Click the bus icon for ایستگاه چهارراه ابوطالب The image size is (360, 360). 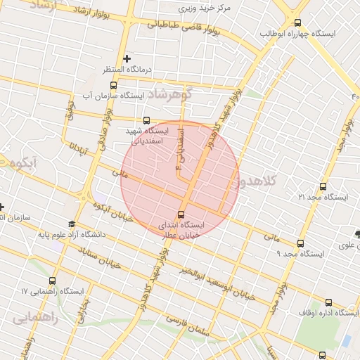pyautogui.click(x=298, y=22)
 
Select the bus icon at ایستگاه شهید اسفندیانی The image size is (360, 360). pyautogui.click(x=146, y=120)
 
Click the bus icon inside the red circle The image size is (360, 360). pyautogui.click(x=181, y=214)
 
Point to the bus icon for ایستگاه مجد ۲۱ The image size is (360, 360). pyautogui.click(x=323, y=186)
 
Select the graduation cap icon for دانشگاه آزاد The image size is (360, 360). pyautogui.click(x=70, y=224)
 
